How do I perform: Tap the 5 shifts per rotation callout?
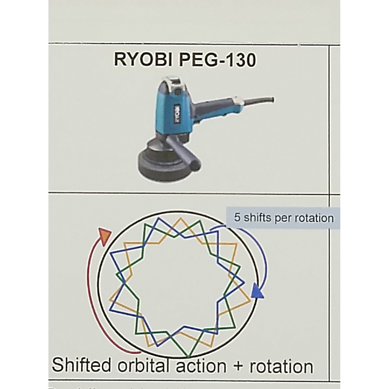284,218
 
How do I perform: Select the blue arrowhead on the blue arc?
258,291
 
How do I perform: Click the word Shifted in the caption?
82,365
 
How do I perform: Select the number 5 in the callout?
237,218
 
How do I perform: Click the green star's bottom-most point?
188,357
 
